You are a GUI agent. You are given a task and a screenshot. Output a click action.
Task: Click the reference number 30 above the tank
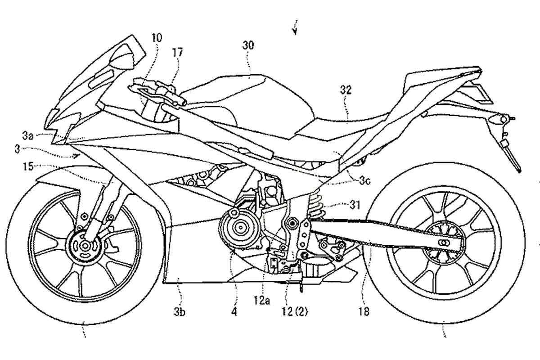coord(248,45)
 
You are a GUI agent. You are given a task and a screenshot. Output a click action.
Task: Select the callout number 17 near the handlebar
coord(177,53)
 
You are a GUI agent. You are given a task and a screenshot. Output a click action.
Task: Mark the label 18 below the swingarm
coord(364,312)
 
